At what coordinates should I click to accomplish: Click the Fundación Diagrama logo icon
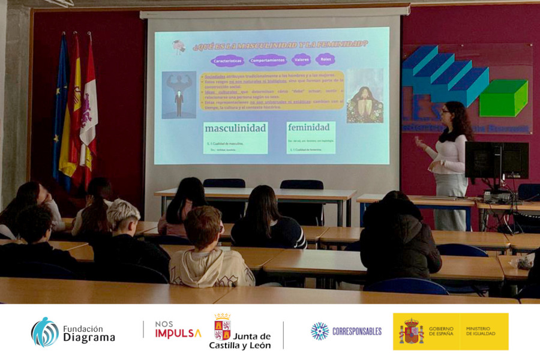tap(45, 332)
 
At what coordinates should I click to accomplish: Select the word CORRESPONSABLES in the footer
tap(356, 331)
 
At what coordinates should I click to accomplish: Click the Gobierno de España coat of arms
tap(411, 331)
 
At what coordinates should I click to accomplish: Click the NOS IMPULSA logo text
tap(178, 330)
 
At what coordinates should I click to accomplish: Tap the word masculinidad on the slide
tap(235, 128)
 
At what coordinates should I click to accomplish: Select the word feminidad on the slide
tap(309, 127)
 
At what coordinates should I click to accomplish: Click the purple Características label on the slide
tap(227, 61)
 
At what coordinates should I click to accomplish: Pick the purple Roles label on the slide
tap(326, 59)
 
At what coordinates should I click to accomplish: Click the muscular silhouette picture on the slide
tap(179, 95)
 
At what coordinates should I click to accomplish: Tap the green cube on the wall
tap(503, 98)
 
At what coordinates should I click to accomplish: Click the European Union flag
tap(61, 108)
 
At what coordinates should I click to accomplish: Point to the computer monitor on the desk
tap(496, 160)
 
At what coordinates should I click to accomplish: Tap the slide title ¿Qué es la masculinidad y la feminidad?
tap(280, 45)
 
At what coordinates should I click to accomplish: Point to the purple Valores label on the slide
tap(301, 59)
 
